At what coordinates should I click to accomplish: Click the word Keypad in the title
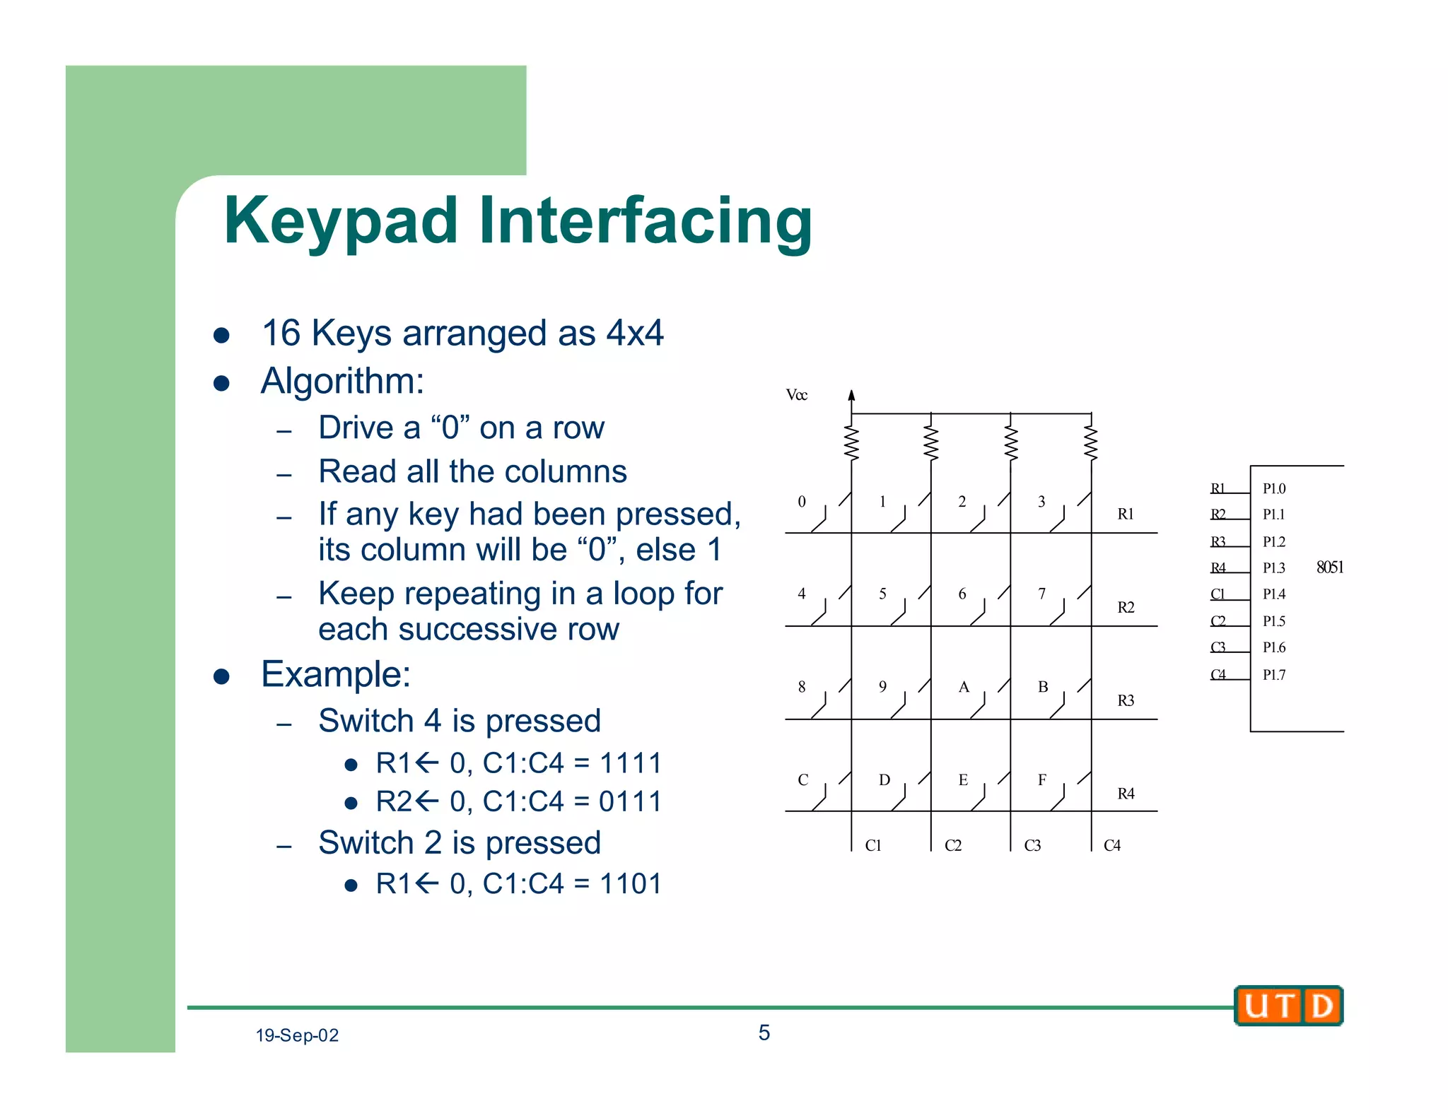point(341,222)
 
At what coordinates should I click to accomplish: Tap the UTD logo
point(1288,1006)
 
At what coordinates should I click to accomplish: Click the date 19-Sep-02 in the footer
point(297,1035)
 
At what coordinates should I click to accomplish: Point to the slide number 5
point(764,1032)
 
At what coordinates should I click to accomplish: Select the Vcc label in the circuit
point(796,395)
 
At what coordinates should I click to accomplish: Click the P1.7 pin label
point(1274,675)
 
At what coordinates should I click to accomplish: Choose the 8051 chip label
point(1329,567)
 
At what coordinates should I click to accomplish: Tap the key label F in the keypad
point(1041,780)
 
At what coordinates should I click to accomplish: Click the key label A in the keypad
point(963,687)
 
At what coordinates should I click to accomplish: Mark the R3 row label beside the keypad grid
point(1125,700)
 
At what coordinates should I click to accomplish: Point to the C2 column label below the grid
point(952,845)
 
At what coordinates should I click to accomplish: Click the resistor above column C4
point(1091,444)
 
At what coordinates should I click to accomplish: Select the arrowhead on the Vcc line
point(851,395)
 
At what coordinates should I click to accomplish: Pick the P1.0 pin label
point(1274,488)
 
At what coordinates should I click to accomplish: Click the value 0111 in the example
point(629,801)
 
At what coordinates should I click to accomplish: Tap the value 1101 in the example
point(629,883)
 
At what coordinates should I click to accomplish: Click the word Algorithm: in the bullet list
point(343,381)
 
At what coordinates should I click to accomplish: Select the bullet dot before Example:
point(221,676)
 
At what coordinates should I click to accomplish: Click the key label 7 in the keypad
point(1041,594)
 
